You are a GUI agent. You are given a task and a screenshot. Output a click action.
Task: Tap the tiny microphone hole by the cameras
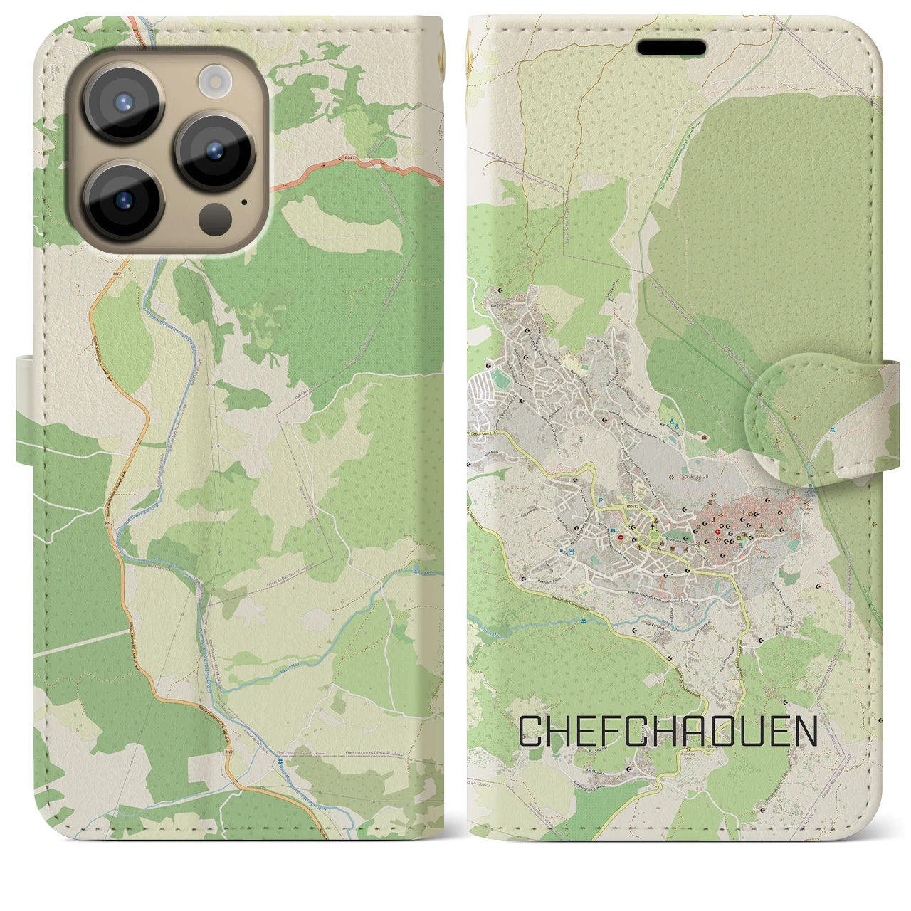coord(244,201)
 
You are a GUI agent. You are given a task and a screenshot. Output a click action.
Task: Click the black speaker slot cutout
coord(670,48)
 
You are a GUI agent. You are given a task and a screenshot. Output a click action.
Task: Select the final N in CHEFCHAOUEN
coord(804,731)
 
